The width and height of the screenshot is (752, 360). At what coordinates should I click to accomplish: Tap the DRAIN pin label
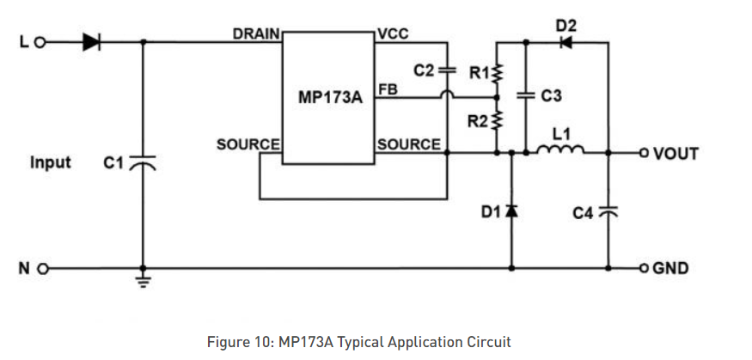click(x=256, y=34)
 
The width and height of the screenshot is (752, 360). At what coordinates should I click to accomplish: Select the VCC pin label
click(x=393, y=34)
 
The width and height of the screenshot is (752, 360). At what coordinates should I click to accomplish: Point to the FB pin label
click(x=387, y=88)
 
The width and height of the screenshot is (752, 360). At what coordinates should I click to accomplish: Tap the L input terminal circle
click(x=40, y=41)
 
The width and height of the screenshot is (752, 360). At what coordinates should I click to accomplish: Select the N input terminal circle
click(x=40, y=268)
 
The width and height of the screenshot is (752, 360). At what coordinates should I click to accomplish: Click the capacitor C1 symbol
click(x=143, y=162)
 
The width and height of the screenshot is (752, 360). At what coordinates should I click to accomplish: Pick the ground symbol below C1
click(x=143, y=280)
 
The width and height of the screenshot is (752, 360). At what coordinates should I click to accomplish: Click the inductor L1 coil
click(x=560, y=151)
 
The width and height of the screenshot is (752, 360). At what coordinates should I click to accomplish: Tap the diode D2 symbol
click(x=566, y=41)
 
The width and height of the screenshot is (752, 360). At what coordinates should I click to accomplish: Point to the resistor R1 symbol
click(x=498, y=73)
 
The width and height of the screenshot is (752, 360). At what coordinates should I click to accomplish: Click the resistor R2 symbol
click(x=498, y=121)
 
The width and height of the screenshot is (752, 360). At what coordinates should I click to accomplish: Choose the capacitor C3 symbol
click(x=525, y=96)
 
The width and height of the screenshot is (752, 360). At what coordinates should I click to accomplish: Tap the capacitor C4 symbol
click(x=608, y=211)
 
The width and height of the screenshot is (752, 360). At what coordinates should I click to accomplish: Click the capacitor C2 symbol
click(x=446, y=70)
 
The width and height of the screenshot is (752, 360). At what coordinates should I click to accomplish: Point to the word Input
click(x=51, y=162)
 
